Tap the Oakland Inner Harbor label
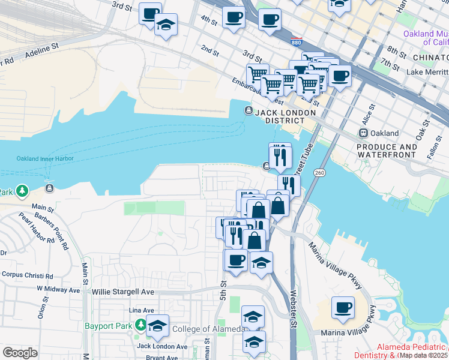pos(45,158)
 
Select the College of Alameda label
pos(208,329)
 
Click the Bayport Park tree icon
pos(141,325)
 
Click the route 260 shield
pos(319,173)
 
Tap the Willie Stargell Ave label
pos(123,292)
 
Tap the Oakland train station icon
pos(363,133)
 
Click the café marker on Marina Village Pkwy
pos(343,308)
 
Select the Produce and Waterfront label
pos(386,151)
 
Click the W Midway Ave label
pos(58,289)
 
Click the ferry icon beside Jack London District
pos(249,110)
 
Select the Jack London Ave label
pos(162,346)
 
